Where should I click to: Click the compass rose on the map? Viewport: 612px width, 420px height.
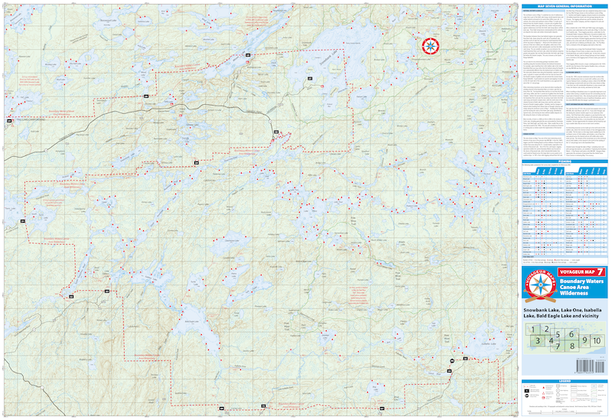(431, 46)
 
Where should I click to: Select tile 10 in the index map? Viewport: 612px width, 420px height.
(597, 340)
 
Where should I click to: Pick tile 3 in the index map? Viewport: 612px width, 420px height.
(539, 341)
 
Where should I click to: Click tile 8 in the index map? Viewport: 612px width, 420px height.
(571, 347)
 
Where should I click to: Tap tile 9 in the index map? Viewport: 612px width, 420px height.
(584, 340)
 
